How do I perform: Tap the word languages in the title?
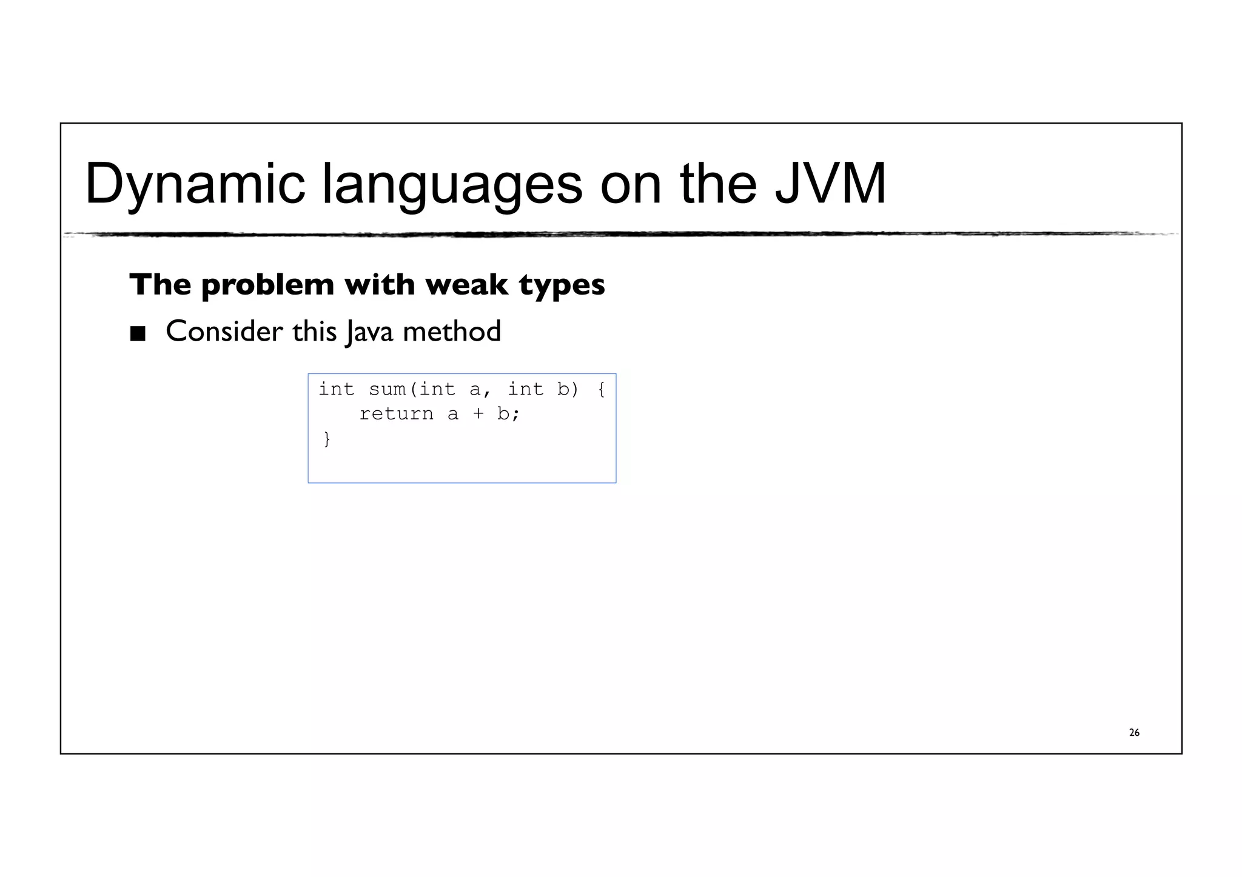pyautogui.click(x=452, y=184)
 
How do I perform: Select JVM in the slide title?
pyautogui.click(x=830, y=184)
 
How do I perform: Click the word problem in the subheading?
pyautogui.click(x=267, y=285)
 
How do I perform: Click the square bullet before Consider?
pyautogui.click(x=138, y=333)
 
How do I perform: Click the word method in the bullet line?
pyautogui.click(x=452, y=332)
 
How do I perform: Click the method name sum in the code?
pyautogui.click(x=387, y=389)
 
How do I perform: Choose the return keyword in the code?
pyautogui.click(x=397, y=414)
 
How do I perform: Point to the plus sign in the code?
pyautogui.click(x=478, y=414)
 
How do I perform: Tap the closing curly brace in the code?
pyautogui.click(x=327, y=438)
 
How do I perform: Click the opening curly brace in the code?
pyautogui.click(x=601, y=389)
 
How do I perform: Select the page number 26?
pyautogui.click(x=1134, y=733)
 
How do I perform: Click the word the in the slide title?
pyautogui.click(x=718, y=184)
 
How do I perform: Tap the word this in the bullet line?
pyautogui.click(x=314, y=332)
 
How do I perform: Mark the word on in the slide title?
pyautogui.click(x=631, y=184)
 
